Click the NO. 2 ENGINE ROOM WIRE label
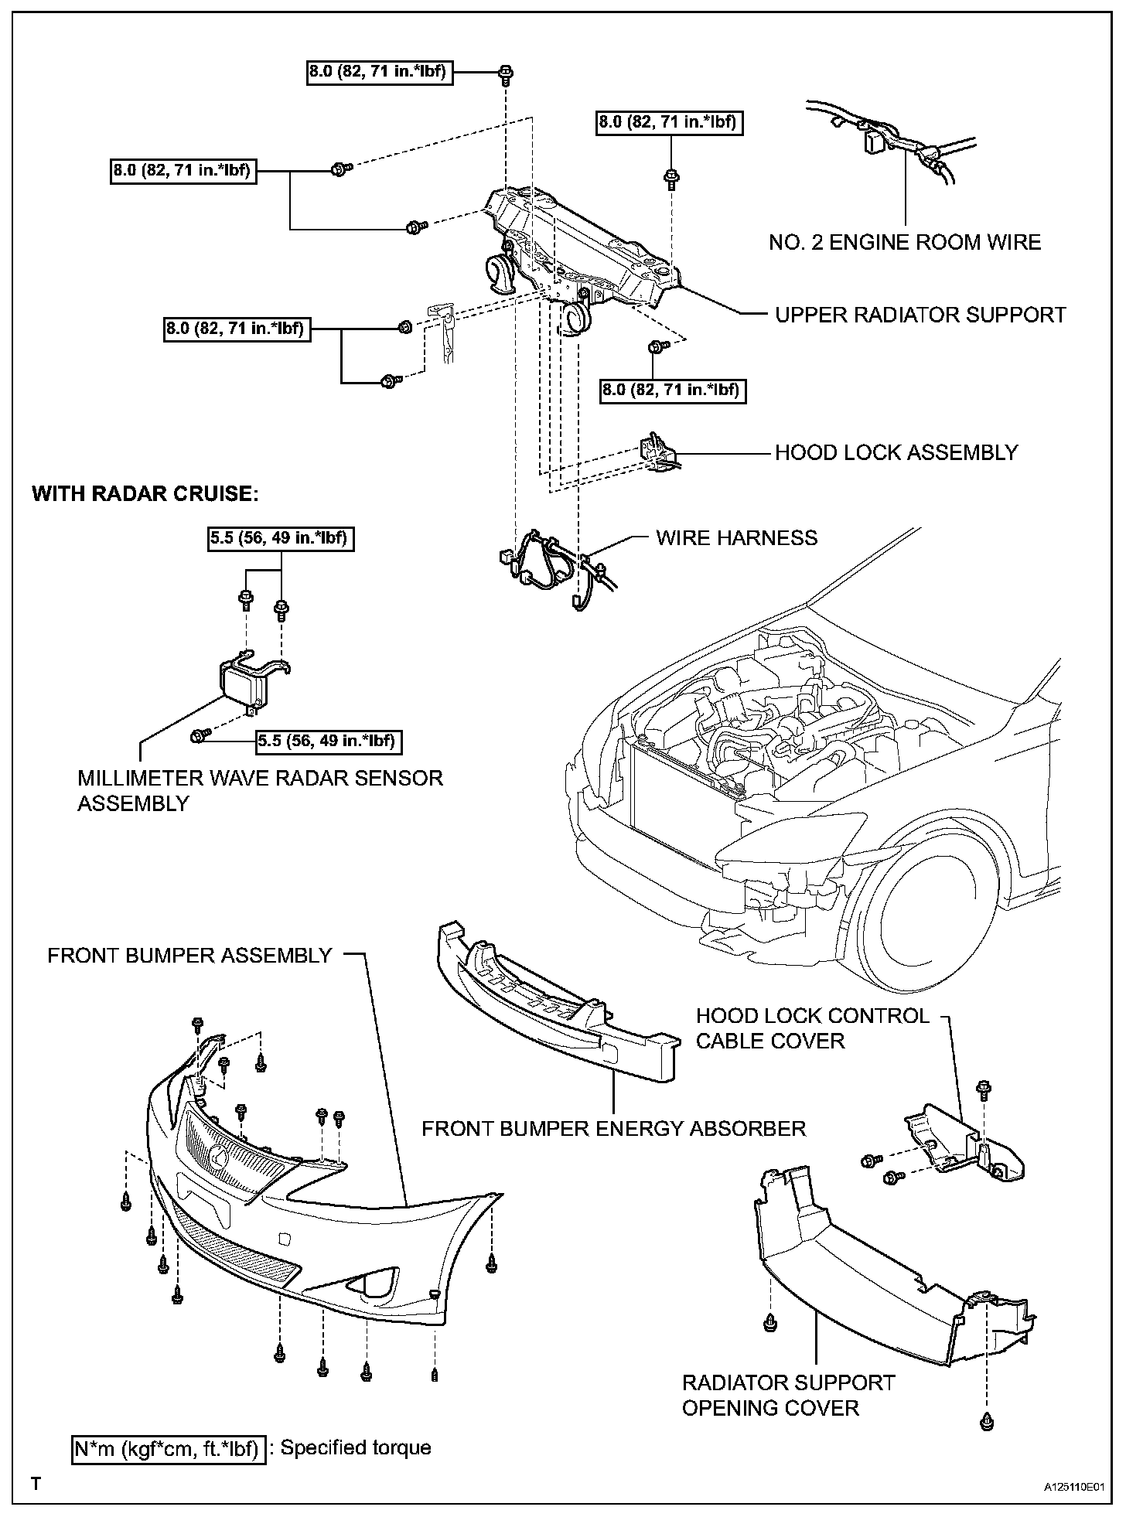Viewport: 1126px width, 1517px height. [x=905, y=242]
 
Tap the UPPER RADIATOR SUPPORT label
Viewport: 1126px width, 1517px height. [x=920, y=315]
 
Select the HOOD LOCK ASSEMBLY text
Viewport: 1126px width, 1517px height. [x=896, y=452]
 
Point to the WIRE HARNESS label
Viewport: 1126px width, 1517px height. [x=736, y=537]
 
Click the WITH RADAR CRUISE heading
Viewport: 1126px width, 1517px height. [x=145, y=493]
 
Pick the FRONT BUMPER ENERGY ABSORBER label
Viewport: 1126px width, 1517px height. [x=613, y=1128]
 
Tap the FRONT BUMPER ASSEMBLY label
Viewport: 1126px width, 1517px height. [x=189, y=955]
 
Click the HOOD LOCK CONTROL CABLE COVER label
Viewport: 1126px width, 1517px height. [x=812, y=1028]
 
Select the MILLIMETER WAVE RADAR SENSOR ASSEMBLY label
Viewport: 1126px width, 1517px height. [x=260, y=790]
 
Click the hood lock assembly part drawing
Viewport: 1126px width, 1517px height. [x=659, y=455]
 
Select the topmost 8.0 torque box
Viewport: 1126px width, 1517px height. [x=380, y=72]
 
